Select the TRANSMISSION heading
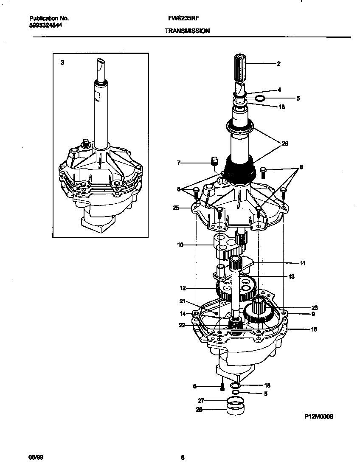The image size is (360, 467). click(187, 31)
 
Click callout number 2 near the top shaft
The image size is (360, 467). click(278, 64)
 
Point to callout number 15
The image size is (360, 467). click(282, 107)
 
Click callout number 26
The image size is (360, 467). click(285, 143)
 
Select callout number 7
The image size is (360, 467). click(179, 162)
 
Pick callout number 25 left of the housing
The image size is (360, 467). click(176, 208)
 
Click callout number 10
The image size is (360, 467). click(180, 245)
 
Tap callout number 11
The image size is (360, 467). click(302, 263)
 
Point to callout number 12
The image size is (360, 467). click(183, 288)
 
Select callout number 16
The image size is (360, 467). click(314, 329)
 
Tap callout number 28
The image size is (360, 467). click(199, 410)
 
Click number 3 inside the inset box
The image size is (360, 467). click(62, 62)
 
